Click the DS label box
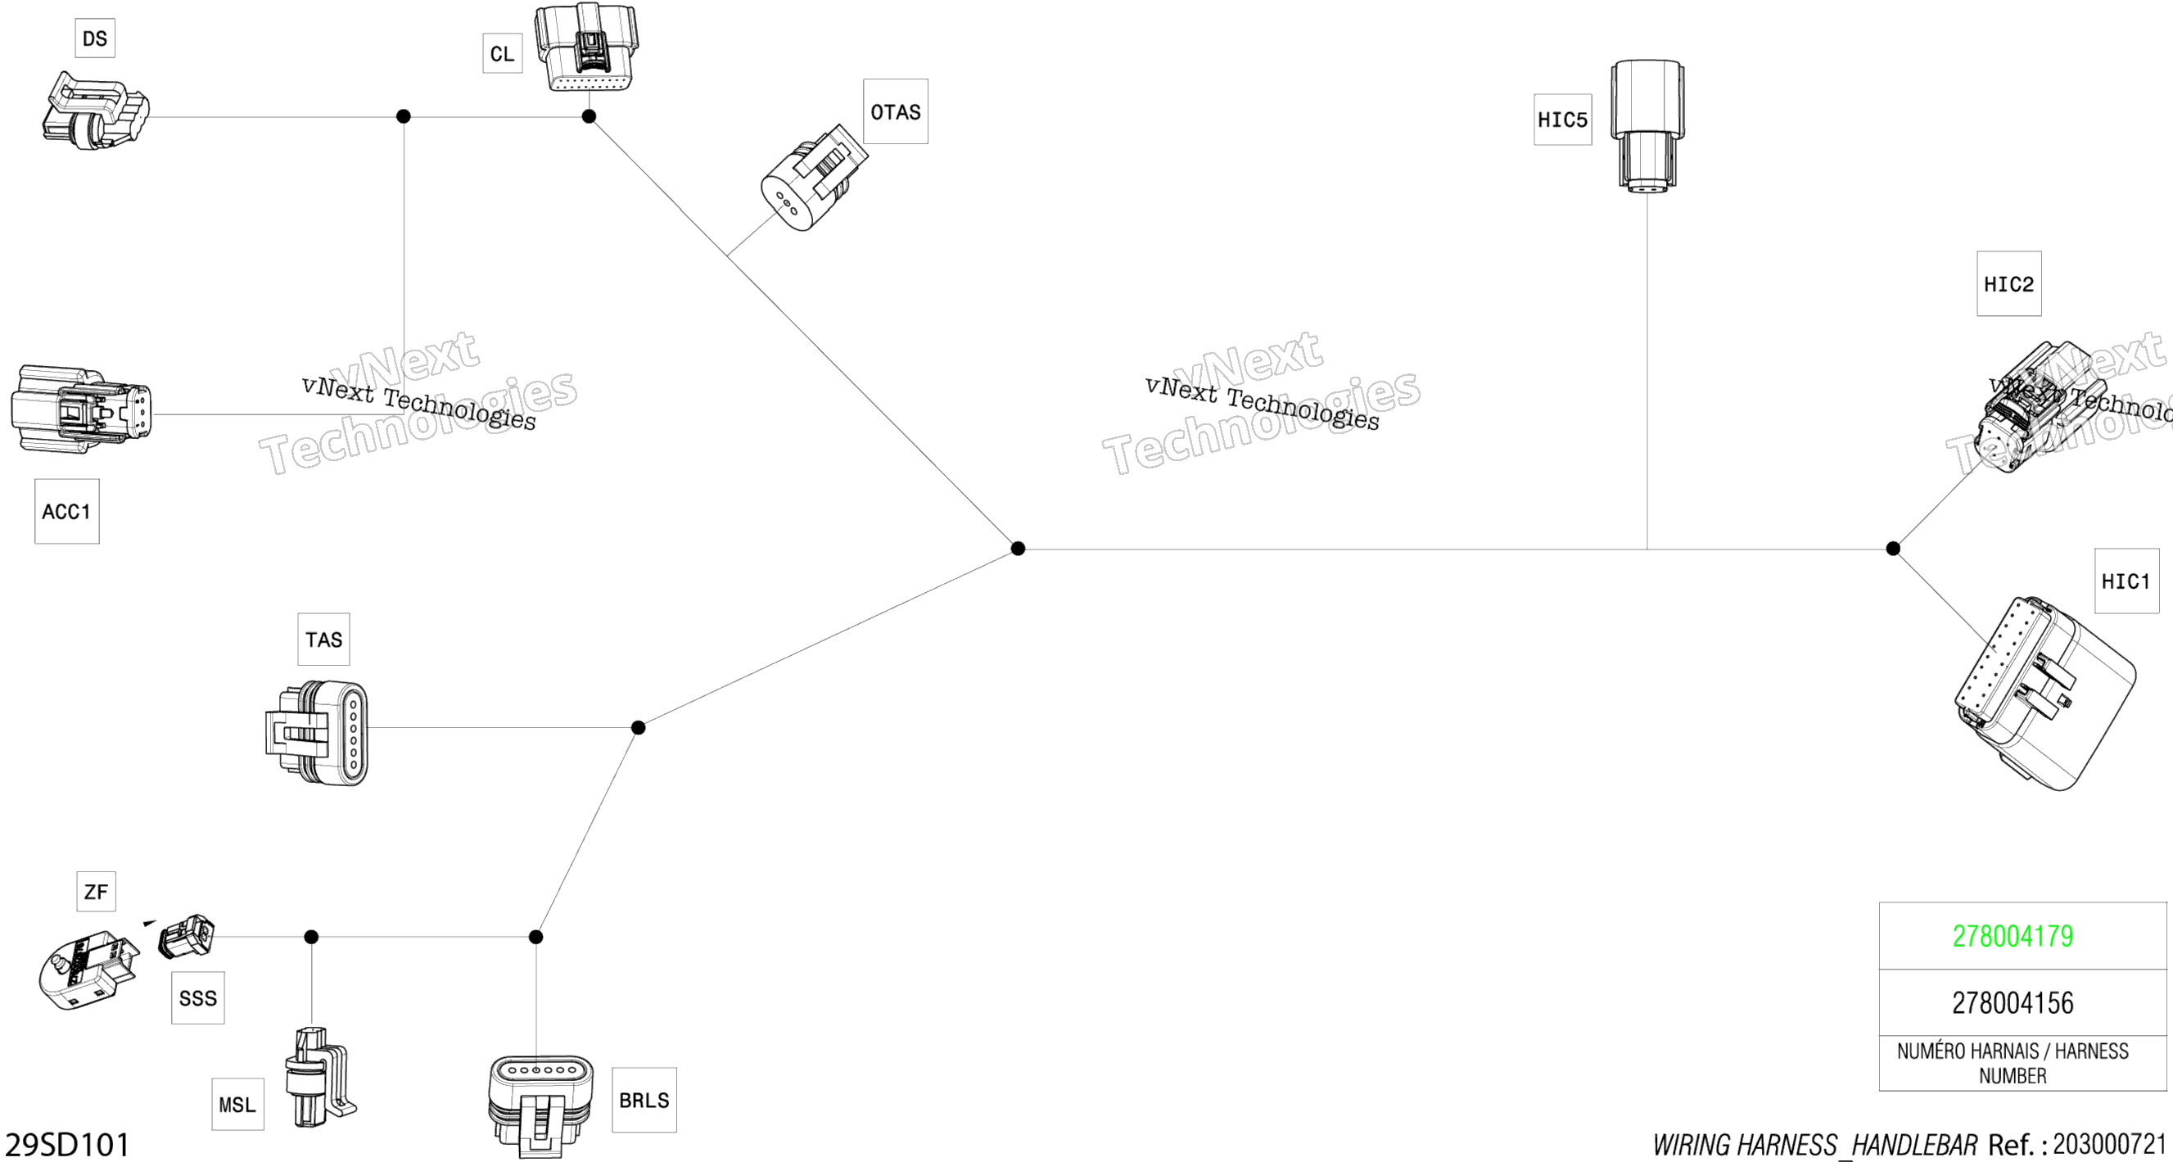(94, 38)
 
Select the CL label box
(502, 54)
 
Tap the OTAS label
(895, 111)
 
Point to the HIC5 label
(1562, 120)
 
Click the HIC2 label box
(2008, 283)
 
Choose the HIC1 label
(2126, 581)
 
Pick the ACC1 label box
(66, 511)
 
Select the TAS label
(323, 640)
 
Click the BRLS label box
(644, 1100)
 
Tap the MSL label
(237, 1104)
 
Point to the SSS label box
(197, 997)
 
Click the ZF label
(95, 891)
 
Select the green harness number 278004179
(2013, 936)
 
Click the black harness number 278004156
(2013, 1002)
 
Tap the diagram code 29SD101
(67, 1144)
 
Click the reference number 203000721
(2110, 1143)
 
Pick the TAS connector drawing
(318, 732)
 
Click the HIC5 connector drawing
(1647, 125)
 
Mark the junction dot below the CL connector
(589, 116)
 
